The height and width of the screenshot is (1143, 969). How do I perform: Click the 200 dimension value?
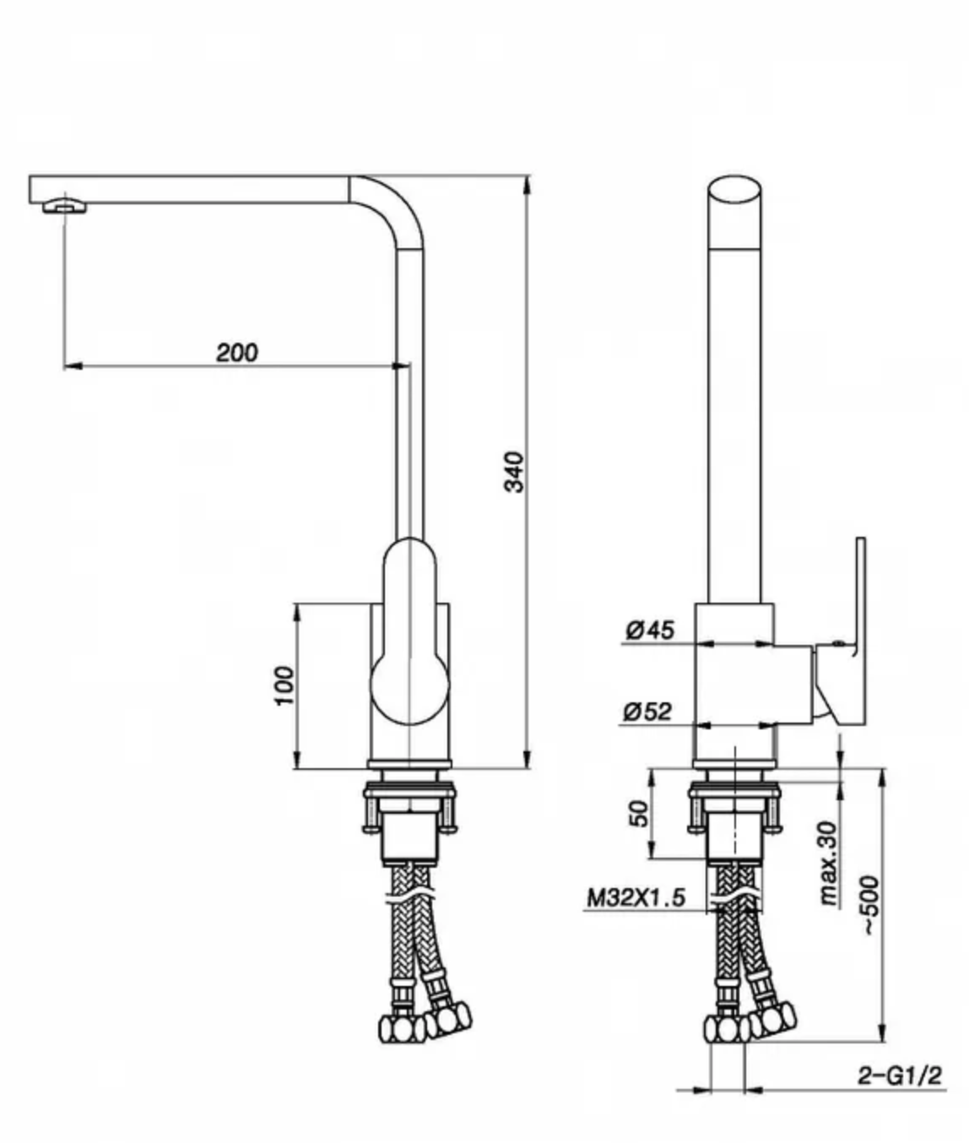[x=236, y=353]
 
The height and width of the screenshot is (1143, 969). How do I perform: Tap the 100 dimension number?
[x=284, y=685]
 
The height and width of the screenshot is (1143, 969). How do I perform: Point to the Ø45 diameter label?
[x=650, y=630]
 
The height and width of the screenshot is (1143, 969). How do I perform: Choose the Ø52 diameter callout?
[x=647, y=711]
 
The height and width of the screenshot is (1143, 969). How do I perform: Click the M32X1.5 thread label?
[x=636, y=897]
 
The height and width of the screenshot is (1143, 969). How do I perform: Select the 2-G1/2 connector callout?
[x=899, y=1075]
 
